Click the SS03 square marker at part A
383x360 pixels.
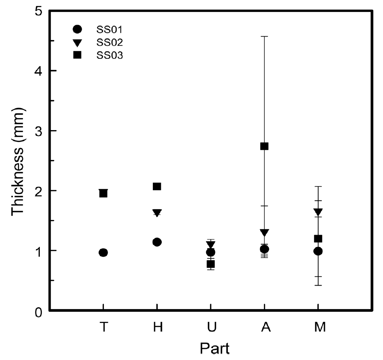click(264, 146)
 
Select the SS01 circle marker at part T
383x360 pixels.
click(103, 252)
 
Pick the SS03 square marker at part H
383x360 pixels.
click(157, 186)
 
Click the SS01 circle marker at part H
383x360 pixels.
click(157, 242)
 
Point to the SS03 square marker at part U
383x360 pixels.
click(211, 264)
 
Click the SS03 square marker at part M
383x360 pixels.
click(318, 239)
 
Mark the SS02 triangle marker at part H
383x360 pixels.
click(157, 212)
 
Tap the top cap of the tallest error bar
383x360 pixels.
click(264, 36)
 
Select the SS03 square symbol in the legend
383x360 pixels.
click(78, 55)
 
